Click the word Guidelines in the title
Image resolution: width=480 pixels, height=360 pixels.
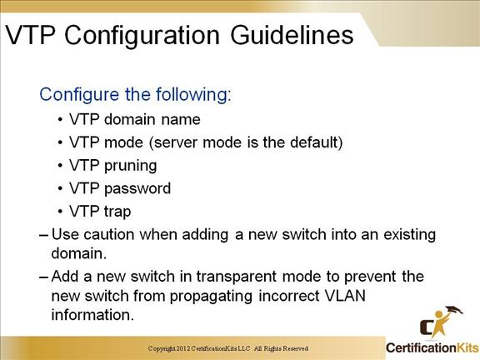click(x=292, y=35)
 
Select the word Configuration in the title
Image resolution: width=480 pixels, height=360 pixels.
click(x=142, y=36)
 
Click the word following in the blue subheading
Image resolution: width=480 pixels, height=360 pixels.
click(x=193, y=95)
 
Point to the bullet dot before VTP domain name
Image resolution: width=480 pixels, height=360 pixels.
click(x=60, y=120)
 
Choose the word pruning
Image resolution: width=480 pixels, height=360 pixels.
click(x=131, y=166)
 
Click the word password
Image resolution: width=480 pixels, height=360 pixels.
click(x=137, y=188)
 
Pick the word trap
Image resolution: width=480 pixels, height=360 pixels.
click(x=117, y=212)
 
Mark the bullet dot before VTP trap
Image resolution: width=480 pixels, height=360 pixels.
click(x=60, y=212)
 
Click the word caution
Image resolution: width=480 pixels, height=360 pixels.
click(x=109, y=235)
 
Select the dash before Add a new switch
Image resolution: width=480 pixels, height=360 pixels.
click(x=44, y=277)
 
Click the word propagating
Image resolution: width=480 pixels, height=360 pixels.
click(x=211, y=297)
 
